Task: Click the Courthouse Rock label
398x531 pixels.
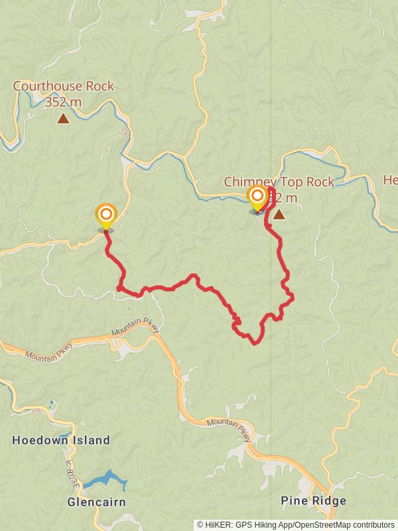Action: (63, 86)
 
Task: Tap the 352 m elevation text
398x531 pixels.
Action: (63, 102)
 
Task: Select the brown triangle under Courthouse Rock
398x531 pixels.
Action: (63, 119)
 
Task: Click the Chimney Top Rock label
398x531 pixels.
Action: (279, 181)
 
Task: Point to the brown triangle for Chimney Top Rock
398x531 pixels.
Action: (279, 214)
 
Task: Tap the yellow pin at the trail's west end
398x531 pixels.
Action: (105, 216)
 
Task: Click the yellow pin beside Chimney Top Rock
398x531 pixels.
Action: (257, 197)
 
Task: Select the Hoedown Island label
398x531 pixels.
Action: (61, 440)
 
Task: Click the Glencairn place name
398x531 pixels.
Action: (97, 502)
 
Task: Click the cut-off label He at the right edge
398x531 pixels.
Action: (390, 180)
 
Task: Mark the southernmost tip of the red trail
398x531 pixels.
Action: (255, 343)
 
